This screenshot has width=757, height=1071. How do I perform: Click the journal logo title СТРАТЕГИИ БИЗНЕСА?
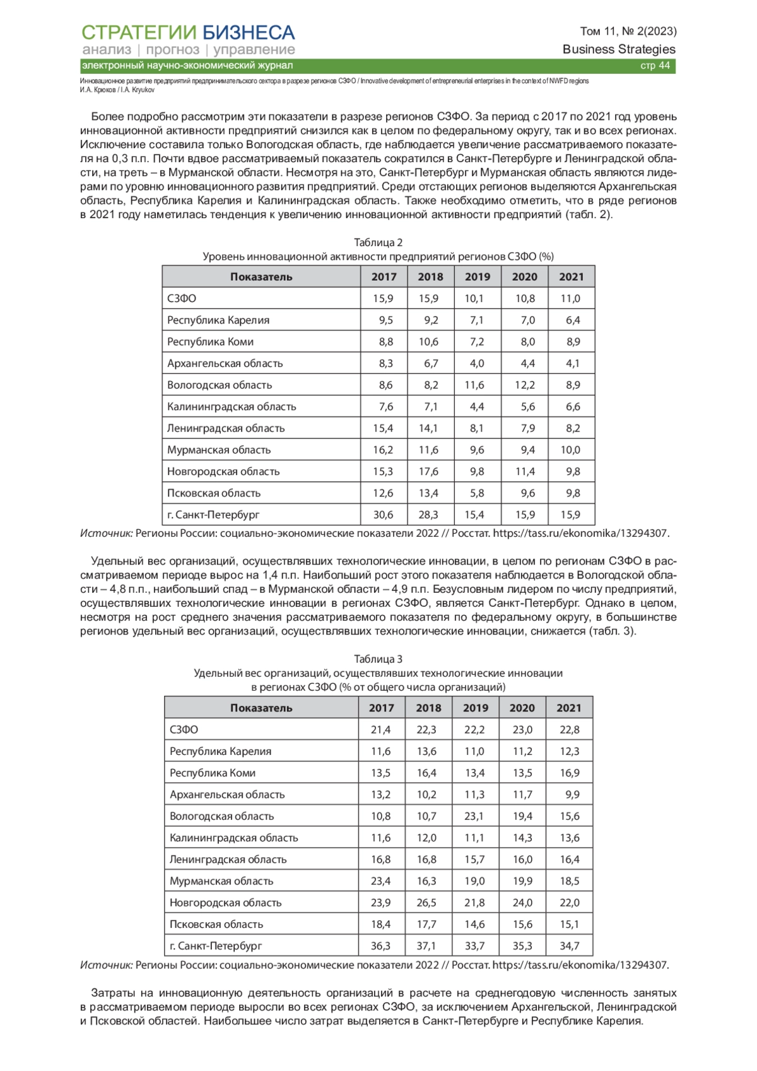pyautogui.click(x=188, y=32)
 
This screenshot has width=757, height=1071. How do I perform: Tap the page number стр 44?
pyautogui.click(x=655, y=66)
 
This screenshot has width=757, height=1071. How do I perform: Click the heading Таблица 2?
pyautogui.click(x=378, y=243)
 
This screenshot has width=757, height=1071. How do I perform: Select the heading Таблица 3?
pyautogui.click(x=378, y=659)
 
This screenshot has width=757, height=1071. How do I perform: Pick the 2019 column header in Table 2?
pyautogui.click(x=478, y=277)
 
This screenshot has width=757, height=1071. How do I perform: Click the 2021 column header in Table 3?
pyautogui.click(x=569, y=708)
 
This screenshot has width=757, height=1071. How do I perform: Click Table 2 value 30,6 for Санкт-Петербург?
pyautogui.click(x=383, y=515)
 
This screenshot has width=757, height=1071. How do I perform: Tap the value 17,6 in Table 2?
pyautogui.click(x=428, y=471)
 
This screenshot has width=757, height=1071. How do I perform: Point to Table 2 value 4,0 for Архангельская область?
pyautogui.click(x=477, y=363)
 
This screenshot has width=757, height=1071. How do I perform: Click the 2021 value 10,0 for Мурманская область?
pyautogui.click(x=570, y=450)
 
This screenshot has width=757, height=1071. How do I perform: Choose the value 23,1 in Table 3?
pyautogui.click(x=474, y=816)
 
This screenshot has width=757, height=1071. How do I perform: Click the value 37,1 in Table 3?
pyautogui.click(x=426, y=945)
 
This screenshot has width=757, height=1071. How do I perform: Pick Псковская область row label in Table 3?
pyautogui.click(x=216, y=924)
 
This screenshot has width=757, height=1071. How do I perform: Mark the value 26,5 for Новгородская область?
pyautogui.click(x=426, y=903)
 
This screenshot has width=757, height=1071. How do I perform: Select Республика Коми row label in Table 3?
pyautogui.click(x=213, y=773)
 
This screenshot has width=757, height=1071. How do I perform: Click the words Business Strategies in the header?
pyautogui.click(x=619, y=49)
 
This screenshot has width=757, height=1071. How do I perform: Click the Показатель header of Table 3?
pyautogui.click(x=261, y=708)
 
